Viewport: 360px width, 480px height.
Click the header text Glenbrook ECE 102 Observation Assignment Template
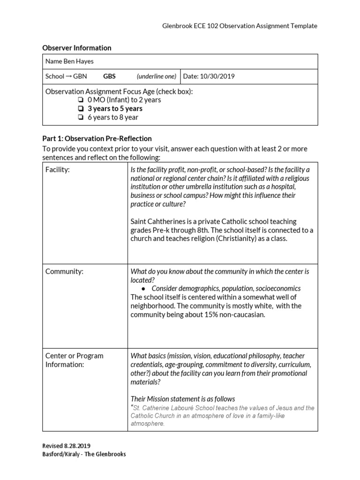pyautogui.click(x=239, y=26)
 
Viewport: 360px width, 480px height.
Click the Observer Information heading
pyautogui.click(x=77, y=48)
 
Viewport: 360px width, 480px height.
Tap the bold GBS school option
pyautogui.click(x=109, y=76)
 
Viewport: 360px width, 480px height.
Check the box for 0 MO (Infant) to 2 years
pyautogui.click(x=81, y=100)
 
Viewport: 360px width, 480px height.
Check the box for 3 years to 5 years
pyautogui.click(x=81, y=109)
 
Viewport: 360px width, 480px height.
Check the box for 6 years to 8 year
pyautogui.click(x=81, y=117)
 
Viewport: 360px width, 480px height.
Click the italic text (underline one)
pyautogui.click(x=157, y=76)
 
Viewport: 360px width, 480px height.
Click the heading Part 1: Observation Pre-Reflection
pyautogui.click(x=97, y=138)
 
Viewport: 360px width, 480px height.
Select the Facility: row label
pyautogui.click(x=57, y=170)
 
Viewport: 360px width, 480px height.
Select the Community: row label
pyautogui.click(x=64, y=271)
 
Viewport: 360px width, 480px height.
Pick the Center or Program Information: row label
pyautogui.click(x=74, y=360)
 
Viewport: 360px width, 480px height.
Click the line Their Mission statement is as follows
pyautogui.click(x=183, y=399)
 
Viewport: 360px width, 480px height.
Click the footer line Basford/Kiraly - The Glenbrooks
pyautogui.click(x=84, y=454)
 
